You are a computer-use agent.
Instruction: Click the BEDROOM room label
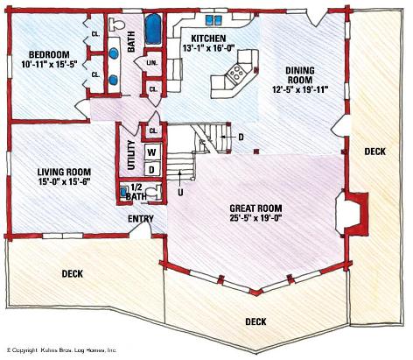(49, 54)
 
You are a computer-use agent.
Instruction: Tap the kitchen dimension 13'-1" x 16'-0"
(208, 48)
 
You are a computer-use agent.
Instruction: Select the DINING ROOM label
(300, 75)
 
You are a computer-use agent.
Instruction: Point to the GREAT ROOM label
(255, 208)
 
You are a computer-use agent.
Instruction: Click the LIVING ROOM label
(64, 172)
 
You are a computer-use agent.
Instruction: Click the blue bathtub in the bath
(153, 29)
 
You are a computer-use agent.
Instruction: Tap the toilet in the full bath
(116, 25)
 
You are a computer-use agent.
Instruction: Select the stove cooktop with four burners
(237, 73)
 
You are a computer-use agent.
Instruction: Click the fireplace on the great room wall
(352, 213)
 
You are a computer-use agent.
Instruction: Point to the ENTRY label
(141, 219)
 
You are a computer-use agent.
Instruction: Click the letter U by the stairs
(180, 193)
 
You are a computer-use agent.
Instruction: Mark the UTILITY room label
(132, 155)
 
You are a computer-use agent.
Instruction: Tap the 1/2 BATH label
(136, 192)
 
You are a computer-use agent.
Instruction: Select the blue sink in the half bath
(123, 192)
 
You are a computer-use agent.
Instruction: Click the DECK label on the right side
(374, 152)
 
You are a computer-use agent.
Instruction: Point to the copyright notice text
(61, 349)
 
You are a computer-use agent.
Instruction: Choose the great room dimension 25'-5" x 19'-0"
(255, 218)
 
